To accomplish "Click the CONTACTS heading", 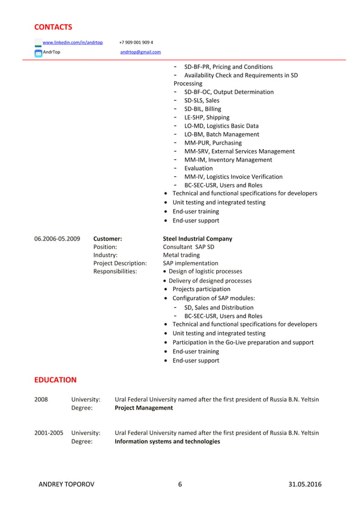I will pos(53,27).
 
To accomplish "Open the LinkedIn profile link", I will pos(73,42).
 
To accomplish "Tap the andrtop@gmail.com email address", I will pos(141,52).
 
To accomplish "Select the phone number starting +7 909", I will pos(136,42).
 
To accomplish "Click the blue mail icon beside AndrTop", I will pos(38,53).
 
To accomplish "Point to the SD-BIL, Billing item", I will pos(203,109).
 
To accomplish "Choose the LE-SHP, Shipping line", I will pos(207,117).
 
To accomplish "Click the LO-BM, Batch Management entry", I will pos(221,134).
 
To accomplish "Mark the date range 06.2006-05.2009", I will pos(57,239).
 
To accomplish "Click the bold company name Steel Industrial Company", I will pos(197,239).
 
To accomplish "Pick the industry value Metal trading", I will pos(181,255).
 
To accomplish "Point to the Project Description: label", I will pos(120,263).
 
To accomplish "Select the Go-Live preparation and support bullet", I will pos(243,342).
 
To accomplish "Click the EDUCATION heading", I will pos(55,380).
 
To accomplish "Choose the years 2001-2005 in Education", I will pos(49,433).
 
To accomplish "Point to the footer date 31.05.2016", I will pos(305,485).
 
